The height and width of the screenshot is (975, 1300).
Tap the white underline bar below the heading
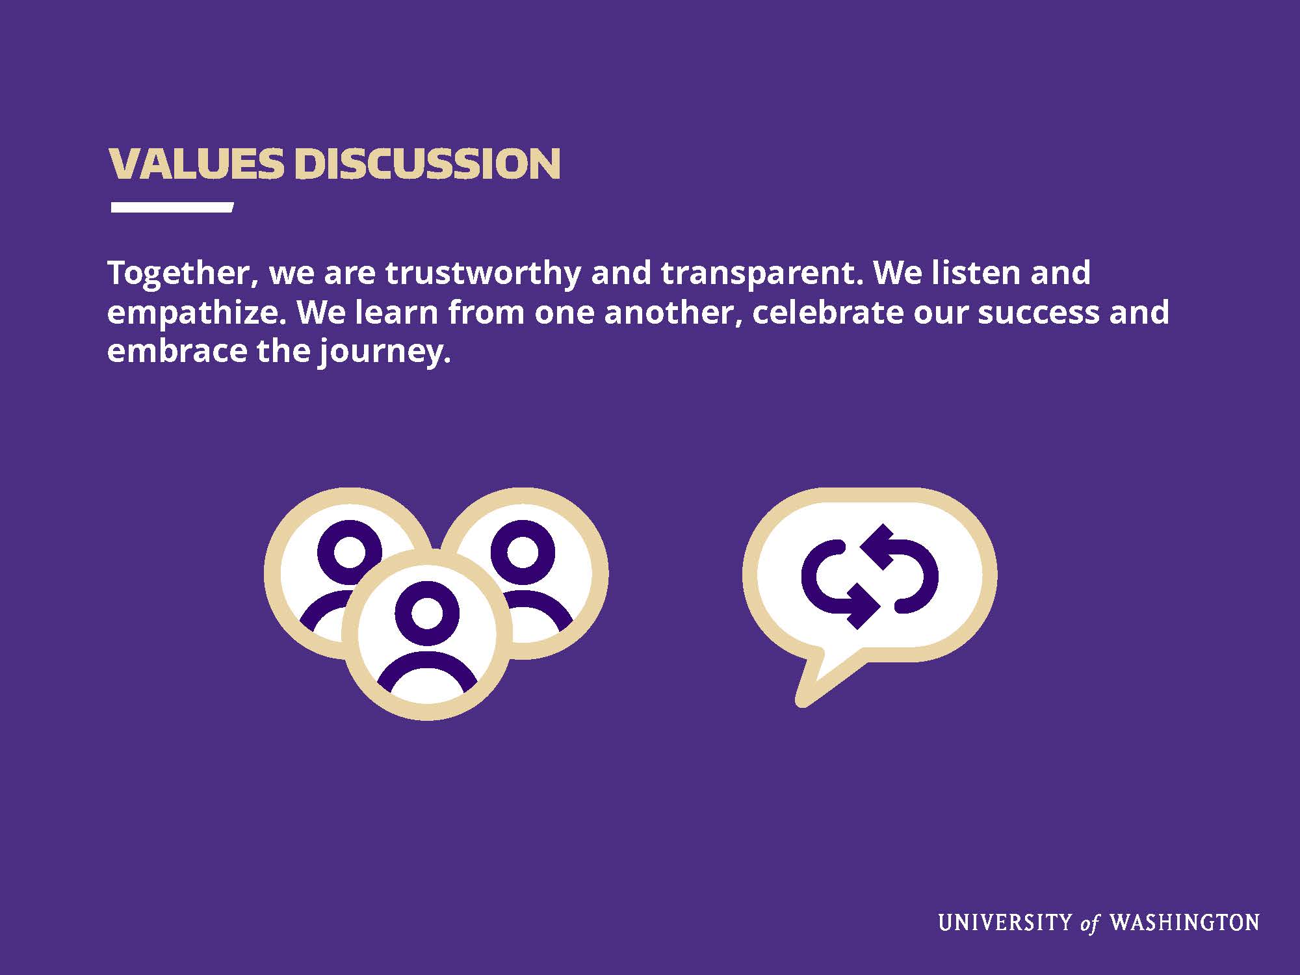[x=172, y=207]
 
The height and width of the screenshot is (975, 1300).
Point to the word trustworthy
[x=483, y=274]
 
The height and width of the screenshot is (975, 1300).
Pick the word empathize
[x=196, y=313]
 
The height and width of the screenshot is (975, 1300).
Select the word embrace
[x=177, y=352]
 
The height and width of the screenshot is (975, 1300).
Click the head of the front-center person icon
[x=427, y=613]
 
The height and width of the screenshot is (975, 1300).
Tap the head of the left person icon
[x=349, y=552]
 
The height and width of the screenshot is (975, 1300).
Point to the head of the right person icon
[x=523, y=552]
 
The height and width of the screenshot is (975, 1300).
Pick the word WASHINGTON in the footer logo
[x=1184, y=922]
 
